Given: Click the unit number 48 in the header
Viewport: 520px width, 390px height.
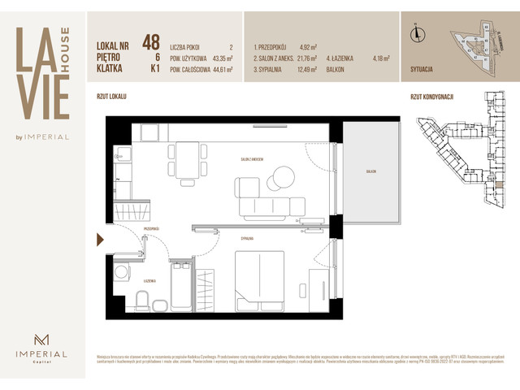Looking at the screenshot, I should click(150, 41).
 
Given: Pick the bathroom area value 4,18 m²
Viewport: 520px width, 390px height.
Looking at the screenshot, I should click(379, 58).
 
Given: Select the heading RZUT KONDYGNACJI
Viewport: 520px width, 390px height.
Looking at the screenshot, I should click(432, 96).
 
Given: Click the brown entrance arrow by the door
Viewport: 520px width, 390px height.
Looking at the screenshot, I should click(100, 239).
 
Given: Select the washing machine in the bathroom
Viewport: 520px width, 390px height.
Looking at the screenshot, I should click(123, 274).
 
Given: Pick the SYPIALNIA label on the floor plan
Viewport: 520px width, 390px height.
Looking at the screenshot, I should click(249, 238).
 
